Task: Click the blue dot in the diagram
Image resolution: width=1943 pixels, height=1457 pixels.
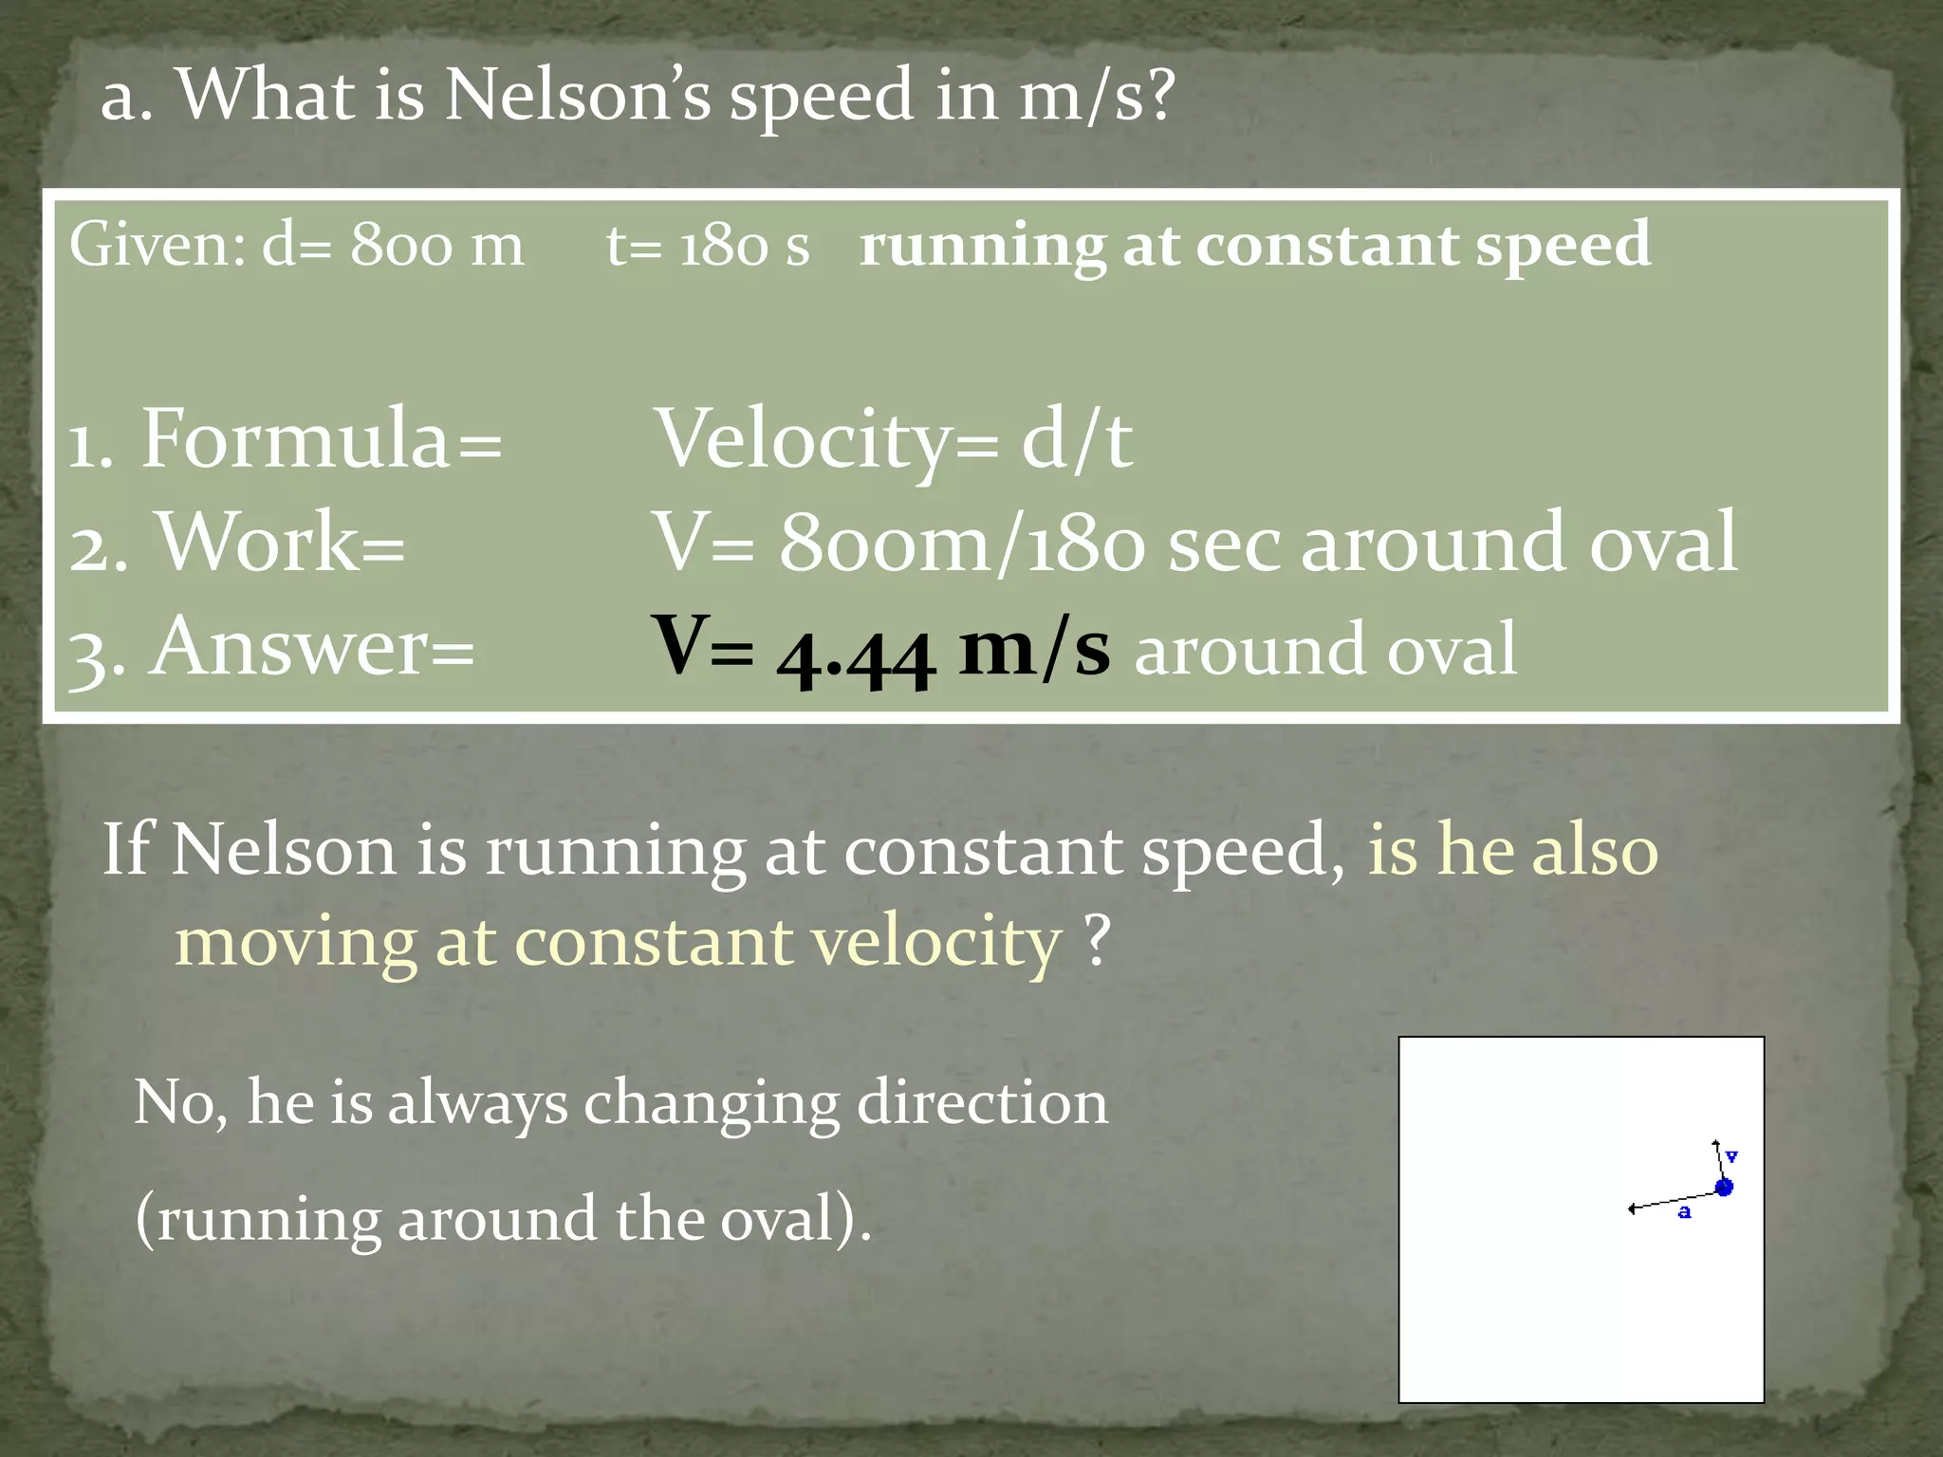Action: tap(1724, 1187)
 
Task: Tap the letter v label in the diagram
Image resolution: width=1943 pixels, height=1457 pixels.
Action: tap(1731, 1156)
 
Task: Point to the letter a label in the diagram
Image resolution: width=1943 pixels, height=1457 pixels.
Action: tap(1684, 1212)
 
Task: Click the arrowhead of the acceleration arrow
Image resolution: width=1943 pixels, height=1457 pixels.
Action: tap(1632, 1208)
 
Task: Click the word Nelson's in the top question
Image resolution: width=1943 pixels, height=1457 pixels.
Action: tap(577, 96)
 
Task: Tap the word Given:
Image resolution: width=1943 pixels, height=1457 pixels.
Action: tap(157, 246)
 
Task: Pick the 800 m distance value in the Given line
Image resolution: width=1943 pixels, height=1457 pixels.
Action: tap(436, 246)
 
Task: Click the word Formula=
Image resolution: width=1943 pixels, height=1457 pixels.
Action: tap(321, 440)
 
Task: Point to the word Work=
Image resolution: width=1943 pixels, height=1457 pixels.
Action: tap(281, 543)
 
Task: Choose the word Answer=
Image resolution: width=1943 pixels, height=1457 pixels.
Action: tap(311, 649)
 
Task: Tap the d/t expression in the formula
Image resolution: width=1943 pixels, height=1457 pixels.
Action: tap(1076, 440)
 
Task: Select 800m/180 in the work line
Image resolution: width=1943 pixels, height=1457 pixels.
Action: tap(962, 543)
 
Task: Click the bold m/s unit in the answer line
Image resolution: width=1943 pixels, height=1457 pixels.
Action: tap(1033, 649)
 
